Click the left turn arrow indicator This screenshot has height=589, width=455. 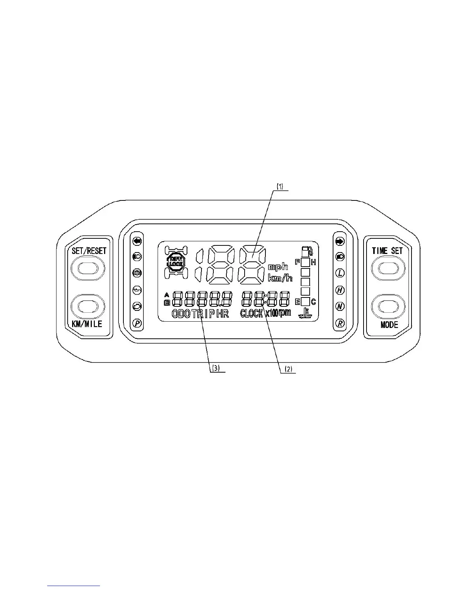pos(137,241)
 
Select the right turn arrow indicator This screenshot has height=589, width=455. pos(339,241)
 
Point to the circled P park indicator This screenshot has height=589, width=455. pos(137,323)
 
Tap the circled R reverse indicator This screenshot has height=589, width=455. pos(339,323)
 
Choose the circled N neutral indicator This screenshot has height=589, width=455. pos(339,306)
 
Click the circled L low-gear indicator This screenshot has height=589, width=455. pos(339,273)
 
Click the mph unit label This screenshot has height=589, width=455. pos(278,267)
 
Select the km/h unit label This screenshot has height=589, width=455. pos(280,277)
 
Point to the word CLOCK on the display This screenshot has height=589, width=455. pos(252,313)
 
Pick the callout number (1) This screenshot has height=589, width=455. pos(279,187)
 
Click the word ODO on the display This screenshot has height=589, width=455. pos(181,314)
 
